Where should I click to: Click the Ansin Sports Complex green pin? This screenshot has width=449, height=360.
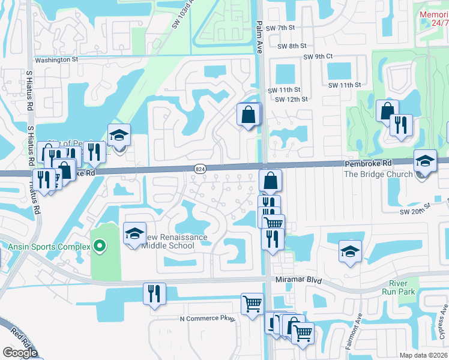[x=100, y=246]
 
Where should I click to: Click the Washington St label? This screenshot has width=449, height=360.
[x=56, y=60]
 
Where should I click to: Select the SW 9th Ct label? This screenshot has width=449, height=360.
[x=318, y=57]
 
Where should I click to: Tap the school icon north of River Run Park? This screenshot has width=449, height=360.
[x=350, y=252]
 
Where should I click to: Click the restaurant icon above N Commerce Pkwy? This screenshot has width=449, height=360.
[x=154, y=294]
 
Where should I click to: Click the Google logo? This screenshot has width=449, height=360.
[x=20, y=353]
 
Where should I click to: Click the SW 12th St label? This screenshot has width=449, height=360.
[x=291, y=99]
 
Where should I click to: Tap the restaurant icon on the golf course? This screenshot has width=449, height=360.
[x=400, y=125]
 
